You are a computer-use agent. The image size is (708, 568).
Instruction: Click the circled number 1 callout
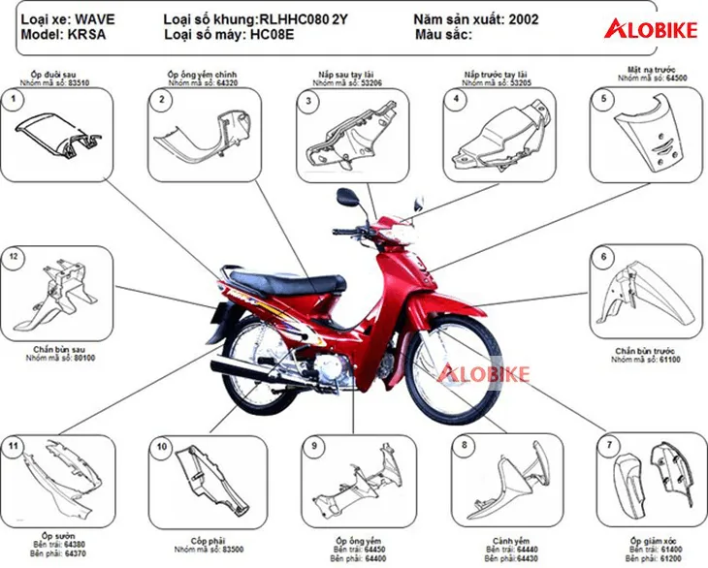pyautogui.click(x=13, y=99)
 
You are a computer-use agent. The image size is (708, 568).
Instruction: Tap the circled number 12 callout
pyautogui.click(x=13, y=257)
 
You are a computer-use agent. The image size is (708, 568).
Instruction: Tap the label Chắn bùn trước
pyautogui.click(x=648, y=350)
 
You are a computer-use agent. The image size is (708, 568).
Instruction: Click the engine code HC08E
pyautogui.click(x=271, y=36)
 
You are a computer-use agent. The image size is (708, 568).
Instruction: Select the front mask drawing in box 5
pyautogui.click(x=648, y=136)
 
